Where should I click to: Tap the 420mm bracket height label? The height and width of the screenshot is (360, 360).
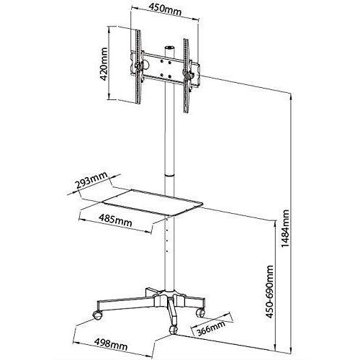[105, 65]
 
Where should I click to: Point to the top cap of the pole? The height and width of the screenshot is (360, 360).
[170, 49]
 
